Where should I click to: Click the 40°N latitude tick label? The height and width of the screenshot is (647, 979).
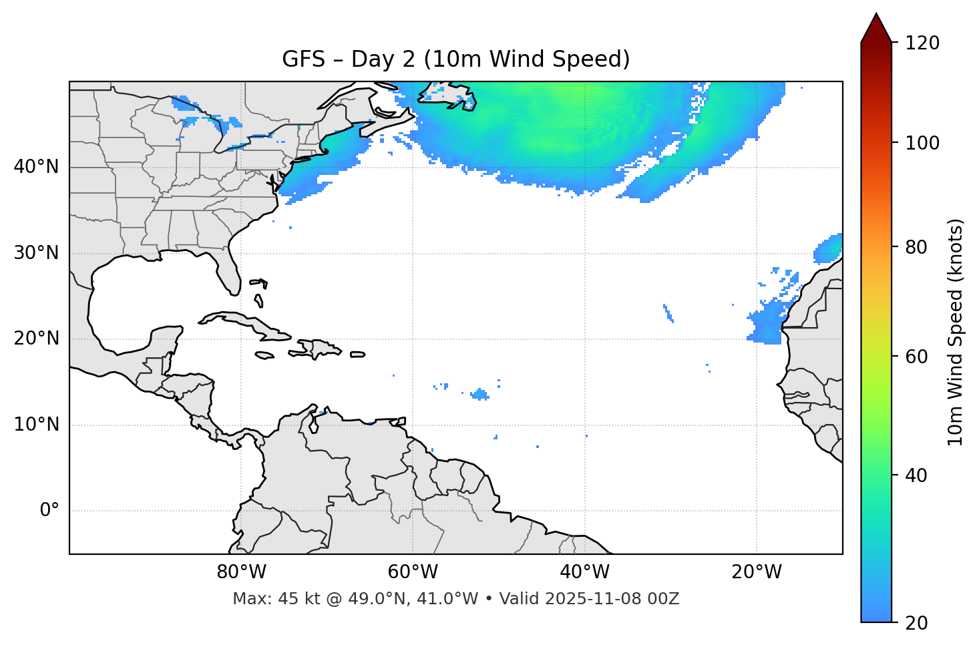coord(36,167)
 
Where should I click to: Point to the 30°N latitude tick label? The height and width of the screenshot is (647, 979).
coord(36,253)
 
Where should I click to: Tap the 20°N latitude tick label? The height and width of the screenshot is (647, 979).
coord(36,339)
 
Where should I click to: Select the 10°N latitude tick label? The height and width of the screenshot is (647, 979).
coord(36,425)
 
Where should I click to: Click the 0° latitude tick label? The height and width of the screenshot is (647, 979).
coord(49,511)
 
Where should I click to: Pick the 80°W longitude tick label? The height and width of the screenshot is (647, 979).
coord(241,572)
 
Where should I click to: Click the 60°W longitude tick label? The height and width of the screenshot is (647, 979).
coord(413,572)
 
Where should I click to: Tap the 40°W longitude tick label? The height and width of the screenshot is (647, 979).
coord(584,572)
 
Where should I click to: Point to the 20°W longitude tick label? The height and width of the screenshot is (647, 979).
coord(757,572)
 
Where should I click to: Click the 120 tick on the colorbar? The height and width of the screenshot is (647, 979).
coord(922,43)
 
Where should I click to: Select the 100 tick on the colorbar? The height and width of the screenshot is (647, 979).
coord(922,143)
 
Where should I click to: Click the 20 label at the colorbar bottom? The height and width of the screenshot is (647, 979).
coord(917,623)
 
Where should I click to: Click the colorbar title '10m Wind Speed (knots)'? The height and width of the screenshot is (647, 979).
coord(956,333)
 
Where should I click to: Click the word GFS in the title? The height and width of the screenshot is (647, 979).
coord(303,59)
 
